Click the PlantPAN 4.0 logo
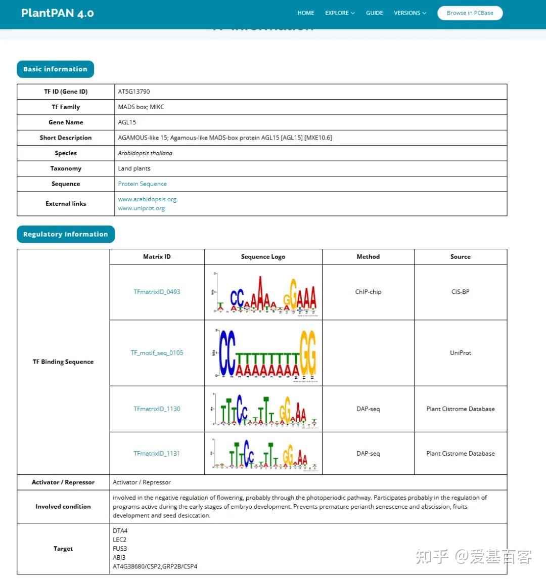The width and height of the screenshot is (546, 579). pos(57,13)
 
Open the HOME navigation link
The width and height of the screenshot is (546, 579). pos(305,13)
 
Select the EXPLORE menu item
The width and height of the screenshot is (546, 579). pos(340,13)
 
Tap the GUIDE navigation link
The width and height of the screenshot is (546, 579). pos(374,13)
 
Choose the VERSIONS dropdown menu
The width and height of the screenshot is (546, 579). pos(409,13)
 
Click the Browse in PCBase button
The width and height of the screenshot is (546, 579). pos(470,13)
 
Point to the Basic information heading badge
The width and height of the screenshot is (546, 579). pos(55,69)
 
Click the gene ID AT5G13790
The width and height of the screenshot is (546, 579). pos(134,92)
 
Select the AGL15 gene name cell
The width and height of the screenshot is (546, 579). pos(127,122)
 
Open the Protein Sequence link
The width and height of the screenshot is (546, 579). pos(142,184)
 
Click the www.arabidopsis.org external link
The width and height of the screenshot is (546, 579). pos(147,199)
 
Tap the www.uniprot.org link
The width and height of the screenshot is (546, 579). pos(141,208)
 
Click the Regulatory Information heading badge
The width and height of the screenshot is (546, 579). pos(65,234)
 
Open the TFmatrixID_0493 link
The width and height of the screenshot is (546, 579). pos(157,292)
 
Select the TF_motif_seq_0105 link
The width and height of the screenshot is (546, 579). pos(157,353)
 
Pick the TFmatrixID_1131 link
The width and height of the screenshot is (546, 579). pos(157,454)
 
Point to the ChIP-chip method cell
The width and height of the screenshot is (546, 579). pos(368,292)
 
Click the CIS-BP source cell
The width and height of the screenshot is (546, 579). pos(461,292)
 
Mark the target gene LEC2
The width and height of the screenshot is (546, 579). pos(120,540)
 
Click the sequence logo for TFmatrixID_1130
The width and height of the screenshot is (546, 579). pos(263,409)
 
